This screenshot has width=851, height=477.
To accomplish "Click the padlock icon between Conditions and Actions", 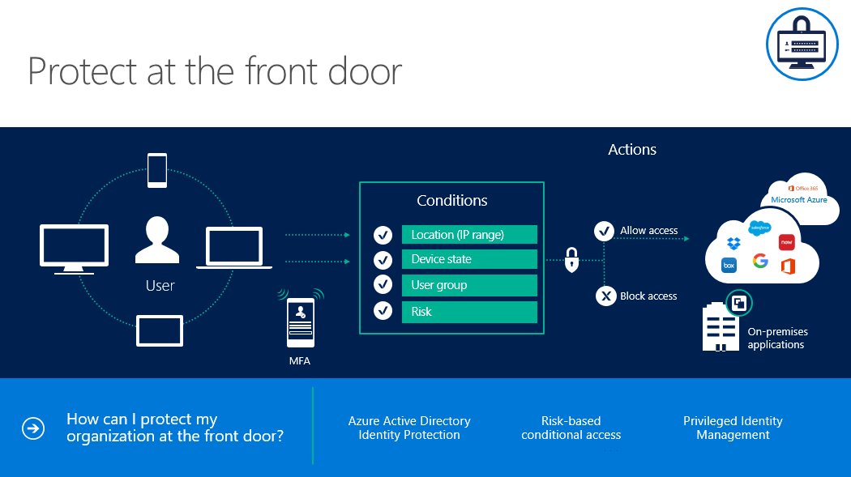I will [x=572, y=261].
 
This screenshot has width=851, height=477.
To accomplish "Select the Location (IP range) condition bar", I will [x=469, y=235].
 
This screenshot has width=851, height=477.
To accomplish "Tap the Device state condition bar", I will [x=469, y=259].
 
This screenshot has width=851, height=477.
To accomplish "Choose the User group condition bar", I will [x=469, y=285].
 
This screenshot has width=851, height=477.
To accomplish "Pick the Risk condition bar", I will [x=469, y=312].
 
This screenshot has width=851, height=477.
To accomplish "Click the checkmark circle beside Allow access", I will [x=604, y=231].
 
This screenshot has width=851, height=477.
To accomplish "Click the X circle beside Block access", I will [x=605, y=296].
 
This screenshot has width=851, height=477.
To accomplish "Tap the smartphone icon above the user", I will [x=157, y=171].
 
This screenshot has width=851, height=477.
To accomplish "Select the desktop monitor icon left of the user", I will [x=74, y=245].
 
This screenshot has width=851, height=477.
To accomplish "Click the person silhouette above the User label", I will [x=157, y=240].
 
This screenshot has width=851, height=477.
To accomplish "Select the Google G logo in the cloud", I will [x=759, y=261].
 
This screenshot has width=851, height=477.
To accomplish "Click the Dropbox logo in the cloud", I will [x=733, y=242].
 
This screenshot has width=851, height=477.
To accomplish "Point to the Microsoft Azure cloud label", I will [x=798, y=199].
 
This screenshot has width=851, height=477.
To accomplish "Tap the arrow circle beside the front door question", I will [x=33, y=428].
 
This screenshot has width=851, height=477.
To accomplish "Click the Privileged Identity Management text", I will [x=733, y=428].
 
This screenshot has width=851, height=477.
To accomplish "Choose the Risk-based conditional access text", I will [x=571, y=428].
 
